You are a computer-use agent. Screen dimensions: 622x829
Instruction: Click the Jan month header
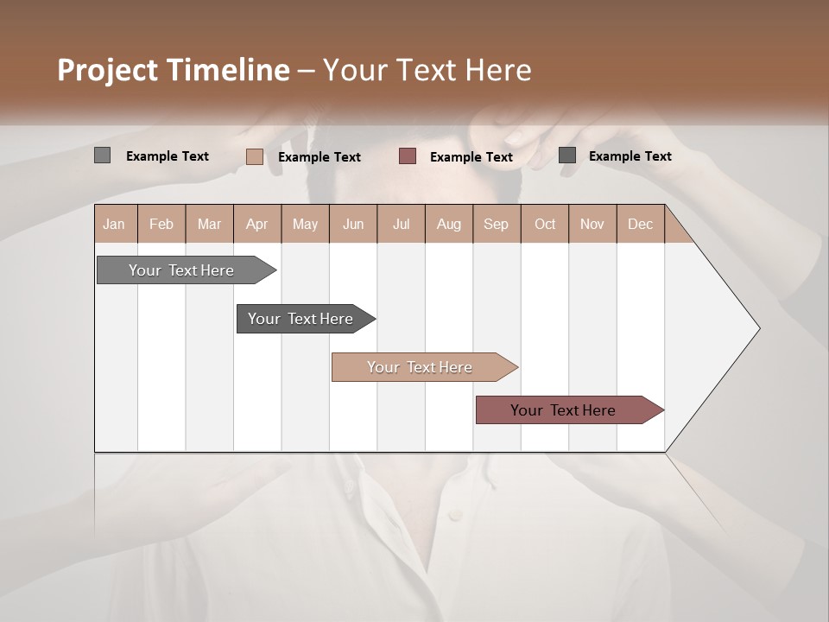tap(115, 224)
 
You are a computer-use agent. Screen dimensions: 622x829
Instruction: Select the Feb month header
tap(161, 224)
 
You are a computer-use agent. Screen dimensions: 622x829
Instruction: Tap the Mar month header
tap(209, 224)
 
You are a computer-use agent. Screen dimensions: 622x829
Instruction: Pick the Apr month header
tap(256, 224)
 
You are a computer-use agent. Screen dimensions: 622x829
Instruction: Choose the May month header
tap(305, 224)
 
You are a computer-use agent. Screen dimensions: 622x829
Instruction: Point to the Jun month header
tap(353, 224)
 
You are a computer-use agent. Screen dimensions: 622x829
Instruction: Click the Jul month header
tap(401, 224)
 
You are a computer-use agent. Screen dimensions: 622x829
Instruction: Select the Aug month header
tap(448, 224)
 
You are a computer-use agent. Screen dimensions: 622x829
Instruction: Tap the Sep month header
tap(496, 224)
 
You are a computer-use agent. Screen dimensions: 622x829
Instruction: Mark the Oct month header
tap(545, 224)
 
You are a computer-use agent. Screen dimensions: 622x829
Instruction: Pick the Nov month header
tap(592, 224)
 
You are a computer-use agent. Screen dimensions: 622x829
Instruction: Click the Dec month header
tap(640, 224)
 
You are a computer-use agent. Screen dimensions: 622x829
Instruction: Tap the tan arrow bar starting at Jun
tap(421, 367)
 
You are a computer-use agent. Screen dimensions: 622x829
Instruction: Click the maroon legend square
tap(408, 156)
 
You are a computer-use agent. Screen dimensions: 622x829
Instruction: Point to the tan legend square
tap(255, 156)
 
